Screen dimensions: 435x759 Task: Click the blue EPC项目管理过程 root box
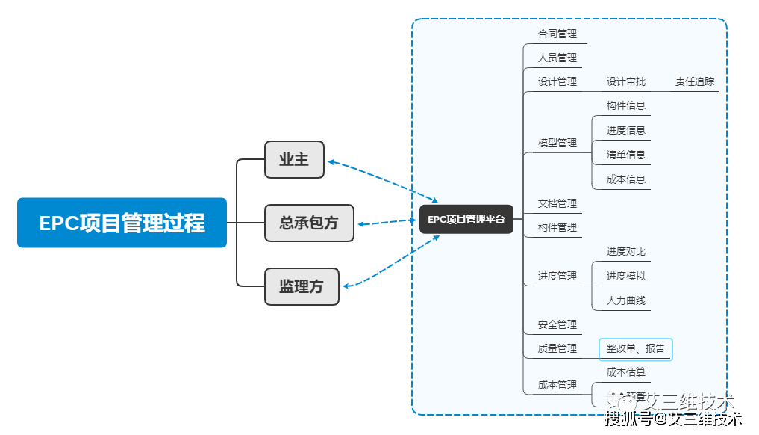pyautogui.click(x=122, y=223)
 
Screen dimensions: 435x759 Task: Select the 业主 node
pyautogui.click(x=294, y=159)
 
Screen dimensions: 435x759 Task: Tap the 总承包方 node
pyautogui.click(x=309, y=223)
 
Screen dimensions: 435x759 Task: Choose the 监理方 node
pyautogui.click(x=302, y=286)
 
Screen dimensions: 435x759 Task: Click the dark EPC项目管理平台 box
pyautogui.click(x=466, y=219)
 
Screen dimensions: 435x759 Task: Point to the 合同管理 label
pyautogui.click(x=557, y=34)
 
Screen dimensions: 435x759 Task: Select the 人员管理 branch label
pyautogui.click(x=557, y=58)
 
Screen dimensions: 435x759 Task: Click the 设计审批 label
pyautogui.click(x=625, y=81)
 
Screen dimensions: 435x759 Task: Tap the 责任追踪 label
pyautogui.click(x=694, y=81)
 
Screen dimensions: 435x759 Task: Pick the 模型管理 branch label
pyautogui.click(x=557, y=143)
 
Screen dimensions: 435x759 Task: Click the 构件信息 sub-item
pyautogui.click(x=625, y=105)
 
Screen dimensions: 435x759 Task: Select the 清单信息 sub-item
pyautogui.click(x=625, y=155)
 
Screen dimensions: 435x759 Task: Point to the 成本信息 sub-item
pyautogui.click(x=625, y=179)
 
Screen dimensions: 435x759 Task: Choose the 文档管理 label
pyautogui.click(x=557, y=203)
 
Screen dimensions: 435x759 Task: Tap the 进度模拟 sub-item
pyautogui.click(x=625, y=276)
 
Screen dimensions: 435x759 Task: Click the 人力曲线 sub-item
pyautogui.click(x=625, y=300)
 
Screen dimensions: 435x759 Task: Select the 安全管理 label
pyautogui.click(x=557, y=324)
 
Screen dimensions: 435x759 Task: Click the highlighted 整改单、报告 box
pyautogui.click(x=635, y=349)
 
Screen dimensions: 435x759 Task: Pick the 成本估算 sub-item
pyautogui.click(x=625, y=372)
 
